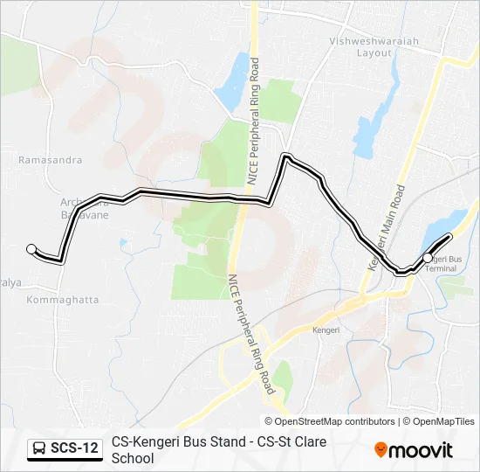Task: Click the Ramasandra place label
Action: [x=51, y=161]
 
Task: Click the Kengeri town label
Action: [x=326, y=330]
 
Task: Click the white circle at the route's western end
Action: [x=32, y=249]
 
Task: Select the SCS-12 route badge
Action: [x=65, y=449]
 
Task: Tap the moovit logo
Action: [x=414, y=450]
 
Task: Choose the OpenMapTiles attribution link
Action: [x=442, y=421]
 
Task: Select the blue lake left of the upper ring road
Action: [x=231, y=80]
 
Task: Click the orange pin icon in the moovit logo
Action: [x=381, y=450]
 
